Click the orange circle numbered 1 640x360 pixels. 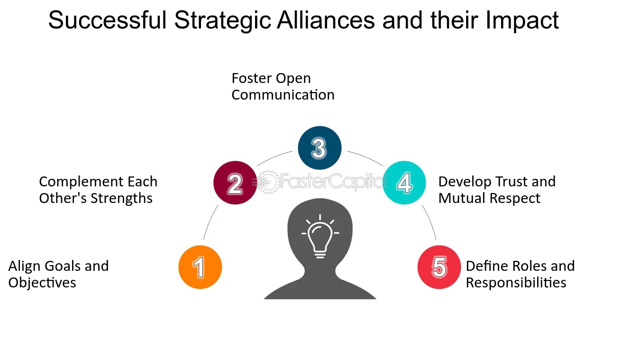tap(200, 267)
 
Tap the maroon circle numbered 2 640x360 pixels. tap(235, 183)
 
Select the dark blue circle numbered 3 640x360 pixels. tap(320, 148)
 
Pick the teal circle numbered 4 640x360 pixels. tap(404, 183)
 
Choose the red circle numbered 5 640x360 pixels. tap(439, 267)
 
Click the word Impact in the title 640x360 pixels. tap(521, 20)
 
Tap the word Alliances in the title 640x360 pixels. tap(327, 20)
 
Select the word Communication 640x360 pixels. tap(283, 95)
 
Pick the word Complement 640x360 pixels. tap(75, 182)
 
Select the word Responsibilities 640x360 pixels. tap(516, 283)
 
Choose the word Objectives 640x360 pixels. tap(42, 283)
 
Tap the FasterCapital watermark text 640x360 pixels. tap(332, 182)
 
